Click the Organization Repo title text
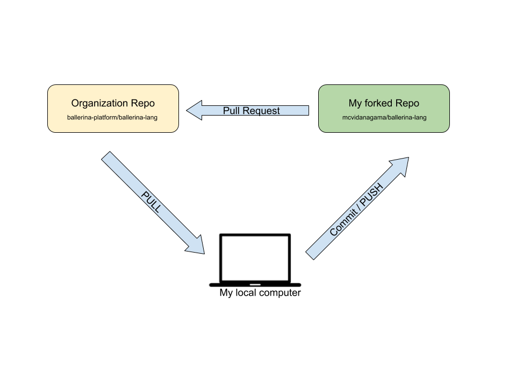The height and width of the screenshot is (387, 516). [x=113, y=103]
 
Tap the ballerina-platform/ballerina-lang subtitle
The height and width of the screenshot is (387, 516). [x=113, y=117]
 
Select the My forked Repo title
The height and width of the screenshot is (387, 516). [x=384, y=103]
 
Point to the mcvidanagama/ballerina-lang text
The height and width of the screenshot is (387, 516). [x=384, y=117]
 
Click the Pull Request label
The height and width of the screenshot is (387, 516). [x=251, y=111]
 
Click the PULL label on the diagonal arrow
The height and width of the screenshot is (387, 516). [x=150, y=202]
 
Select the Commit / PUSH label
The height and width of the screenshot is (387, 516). [x=356, y=210]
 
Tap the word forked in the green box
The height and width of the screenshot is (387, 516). [x=379, y=103]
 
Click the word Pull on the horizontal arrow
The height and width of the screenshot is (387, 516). [x=231, y=111]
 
